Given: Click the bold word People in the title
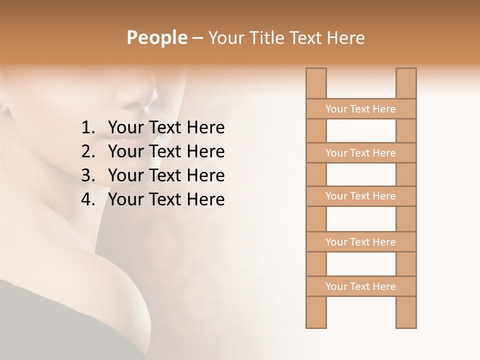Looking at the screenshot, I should (156, 37).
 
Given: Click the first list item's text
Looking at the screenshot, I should (166, 128).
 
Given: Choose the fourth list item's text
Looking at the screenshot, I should (166, 199).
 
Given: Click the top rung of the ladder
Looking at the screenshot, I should (360, 109).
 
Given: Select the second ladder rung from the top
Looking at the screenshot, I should (360, 153).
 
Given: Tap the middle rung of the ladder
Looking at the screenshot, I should (360, 196).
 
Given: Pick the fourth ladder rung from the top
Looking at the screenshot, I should (360, 242).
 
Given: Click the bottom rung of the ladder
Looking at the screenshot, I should (360, 286).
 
